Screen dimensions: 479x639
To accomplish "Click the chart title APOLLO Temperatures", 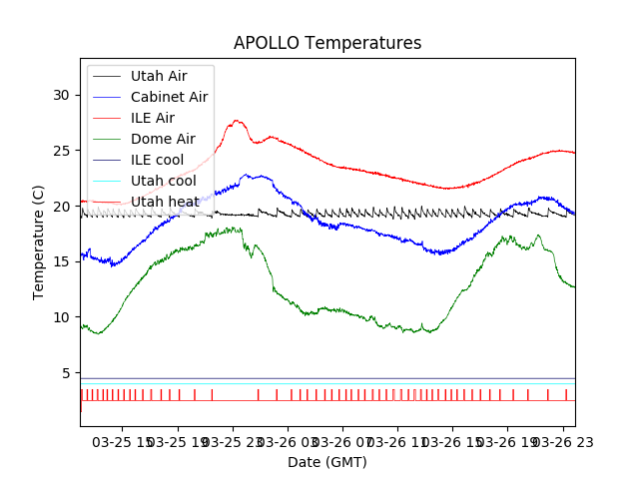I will [x=327, y=43].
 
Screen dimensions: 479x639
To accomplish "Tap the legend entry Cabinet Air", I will [x=169, y=97].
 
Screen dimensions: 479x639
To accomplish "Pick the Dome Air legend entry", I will [x=163, y=139].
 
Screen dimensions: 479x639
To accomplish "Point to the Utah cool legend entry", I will [x=163, y=181].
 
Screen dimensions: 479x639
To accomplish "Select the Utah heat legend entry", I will [x=163, y=202].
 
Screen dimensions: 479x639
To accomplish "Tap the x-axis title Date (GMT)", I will [x=327, y=462].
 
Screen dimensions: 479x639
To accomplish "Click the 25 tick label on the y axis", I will [x=62, y=151].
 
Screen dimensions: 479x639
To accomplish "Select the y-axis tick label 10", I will [x=62, y=317].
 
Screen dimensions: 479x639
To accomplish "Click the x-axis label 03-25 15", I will [x=123, y=440].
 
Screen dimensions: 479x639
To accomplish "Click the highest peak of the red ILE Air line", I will [x=238, y=121].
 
